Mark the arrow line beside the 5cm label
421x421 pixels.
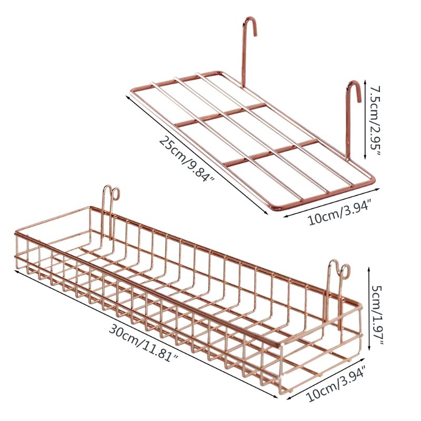click(x=369, y=308)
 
